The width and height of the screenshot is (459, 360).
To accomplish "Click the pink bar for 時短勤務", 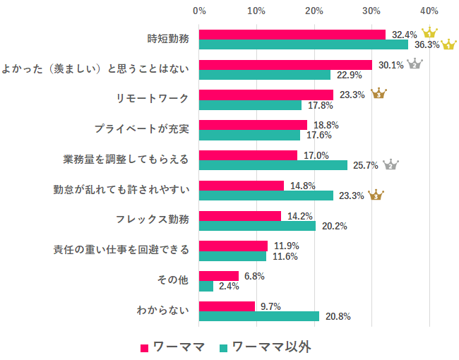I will click(x=292, y=35).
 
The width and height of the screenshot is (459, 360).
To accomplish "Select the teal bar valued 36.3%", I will click(x=304, y=44).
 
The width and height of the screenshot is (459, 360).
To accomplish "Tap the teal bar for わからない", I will click(x=259, y=316).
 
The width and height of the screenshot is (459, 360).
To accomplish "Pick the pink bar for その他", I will click(x=219, y=276).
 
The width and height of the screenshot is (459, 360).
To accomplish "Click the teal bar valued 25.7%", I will click(x=273, y=165).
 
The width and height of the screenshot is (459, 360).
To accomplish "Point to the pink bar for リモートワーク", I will click(x=266, y=95).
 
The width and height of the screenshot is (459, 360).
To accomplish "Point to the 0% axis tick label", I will click(x=199, y=11).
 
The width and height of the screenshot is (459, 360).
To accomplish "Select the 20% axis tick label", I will click(x=314, y=11).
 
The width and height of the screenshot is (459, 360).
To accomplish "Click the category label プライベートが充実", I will click(x=142, y=130).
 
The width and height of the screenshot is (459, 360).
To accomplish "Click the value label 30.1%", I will click(x=391, y=64).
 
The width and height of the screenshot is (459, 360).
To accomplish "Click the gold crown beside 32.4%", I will click(x=429, y=34).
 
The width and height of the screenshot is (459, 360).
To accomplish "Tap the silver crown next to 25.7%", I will click(x=391, y=164).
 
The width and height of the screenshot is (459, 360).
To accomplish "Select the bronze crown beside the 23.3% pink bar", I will click(x=378, y=93).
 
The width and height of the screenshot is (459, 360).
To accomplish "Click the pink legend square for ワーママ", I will click(x=144, y=347).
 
